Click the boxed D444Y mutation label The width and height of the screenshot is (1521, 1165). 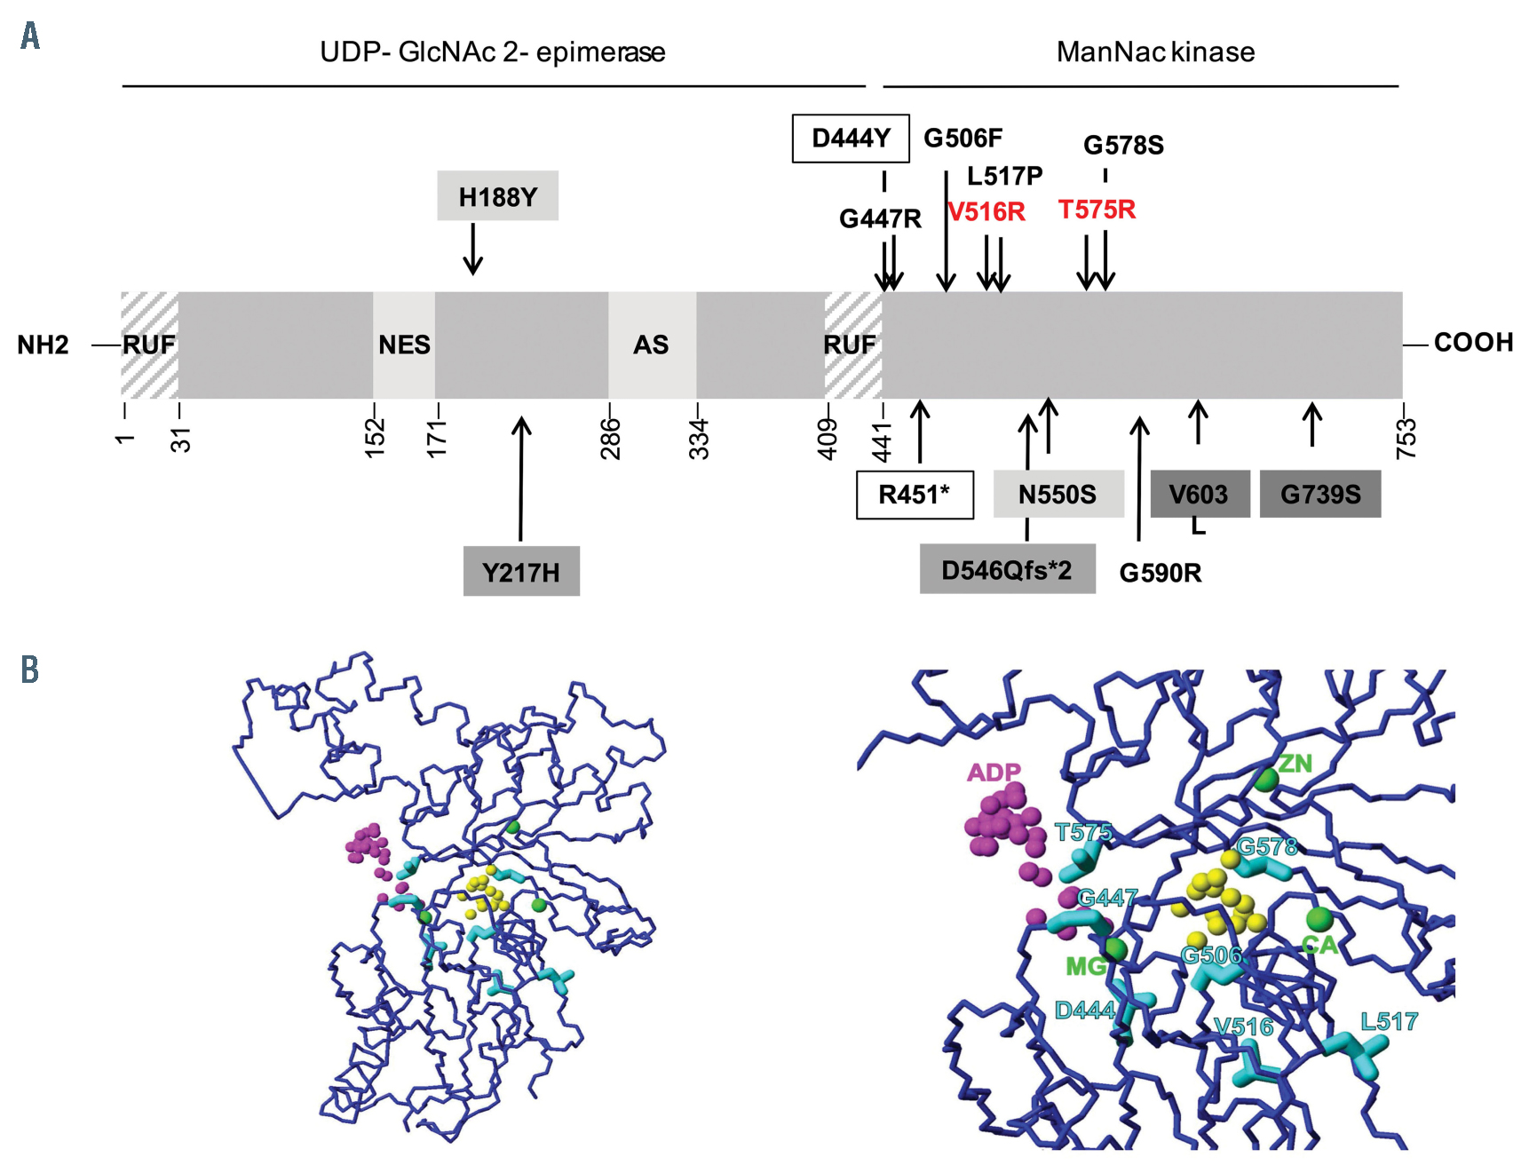(850, 139)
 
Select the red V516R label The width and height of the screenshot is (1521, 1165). (986, 212)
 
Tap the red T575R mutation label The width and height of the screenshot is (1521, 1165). (1097, 210)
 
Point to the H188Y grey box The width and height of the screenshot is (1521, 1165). (497, 196)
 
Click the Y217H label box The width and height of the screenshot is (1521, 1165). (521, 572)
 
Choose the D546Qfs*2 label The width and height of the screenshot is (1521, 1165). (1007, 570)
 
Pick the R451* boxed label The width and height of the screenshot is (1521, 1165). (914, 495)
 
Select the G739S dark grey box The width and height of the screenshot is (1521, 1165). (1319, 495)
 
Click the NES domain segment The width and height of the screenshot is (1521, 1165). (404, 345)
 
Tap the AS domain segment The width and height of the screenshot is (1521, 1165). (651, 345)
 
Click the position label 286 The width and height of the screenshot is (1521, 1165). (611, 438)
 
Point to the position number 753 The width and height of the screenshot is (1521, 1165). (1406, 438)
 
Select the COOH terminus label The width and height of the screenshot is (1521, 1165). (1473, 343)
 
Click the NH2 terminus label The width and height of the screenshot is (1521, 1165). (43, 345)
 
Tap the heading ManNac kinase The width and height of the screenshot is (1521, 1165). (1155, 52)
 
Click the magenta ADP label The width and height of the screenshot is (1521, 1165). (994, 773)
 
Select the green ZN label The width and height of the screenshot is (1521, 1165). (1295, 763)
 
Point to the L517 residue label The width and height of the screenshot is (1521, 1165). (1389, 1021)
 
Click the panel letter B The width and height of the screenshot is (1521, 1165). (30, 670)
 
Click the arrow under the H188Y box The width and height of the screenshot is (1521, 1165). (473, 249)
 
